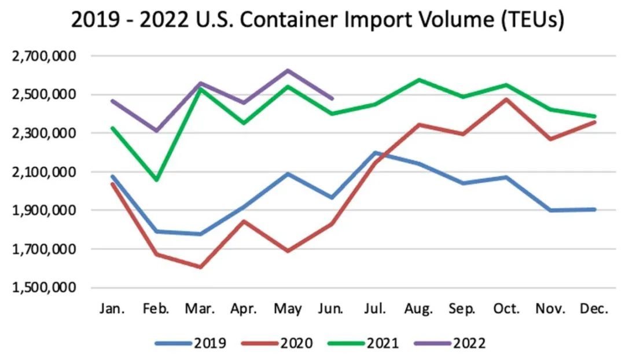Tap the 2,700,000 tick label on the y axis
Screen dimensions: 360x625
pos(44,56)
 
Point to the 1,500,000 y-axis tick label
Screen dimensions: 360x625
pos(44,288)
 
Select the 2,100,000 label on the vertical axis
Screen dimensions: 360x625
pos(44,172)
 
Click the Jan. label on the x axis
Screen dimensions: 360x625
pos(112,309)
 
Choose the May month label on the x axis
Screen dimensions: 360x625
pos(288,309)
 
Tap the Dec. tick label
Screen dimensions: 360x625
pos(594,309)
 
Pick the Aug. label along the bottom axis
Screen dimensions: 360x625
pos(418,309)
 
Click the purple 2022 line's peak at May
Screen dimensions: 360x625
pos(288,71)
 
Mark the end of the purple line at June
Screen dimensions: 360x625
pos(332,99)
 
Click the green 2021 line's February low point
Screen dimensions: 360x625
pos(156,180)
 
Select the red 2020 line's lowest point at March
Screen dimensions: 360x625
pos(200,267)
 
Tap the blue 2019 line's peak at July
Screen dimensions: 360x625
pos(375,153)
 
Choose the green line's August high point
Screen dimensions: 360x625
pos(419,79)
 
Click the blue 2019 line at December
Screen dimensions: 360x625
pos(594,210)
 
